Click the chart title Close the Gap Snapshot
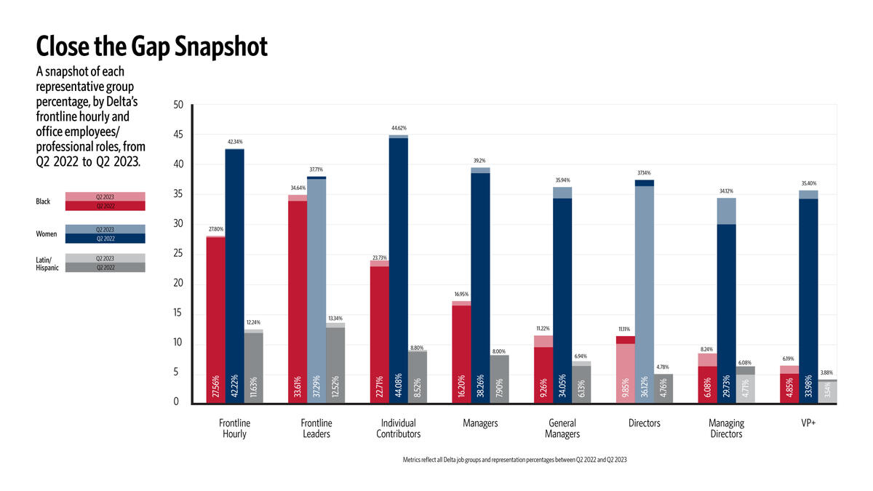pos(152,47)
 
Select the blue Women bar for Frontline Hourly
pos(235,276)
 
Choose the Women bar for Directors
pos(644,292)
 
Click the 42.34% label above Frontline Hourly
pos(235,142)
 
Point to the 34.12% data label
pos(726,191)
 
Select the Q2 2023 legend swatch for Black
pos(105,196)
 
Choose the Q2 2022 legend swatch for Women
pos(105,238)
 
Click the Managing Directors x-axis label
pos(726,428)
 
